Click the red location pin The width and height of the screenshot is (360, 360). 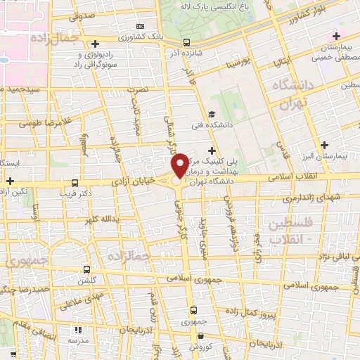coord(180,165)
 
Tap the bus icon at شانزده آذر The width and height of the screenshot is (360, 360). coord(186,41)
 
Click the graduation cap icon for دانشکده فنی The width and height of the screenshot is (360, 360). coord(212,115)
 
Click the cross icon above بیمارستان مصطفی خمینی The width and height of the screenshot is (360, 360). coord(336,36)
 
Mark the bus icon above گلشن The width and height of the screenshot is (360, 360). coord(86,269)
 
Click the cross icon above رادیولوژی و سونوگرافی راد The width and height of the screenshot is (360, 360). coord(96,44)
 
